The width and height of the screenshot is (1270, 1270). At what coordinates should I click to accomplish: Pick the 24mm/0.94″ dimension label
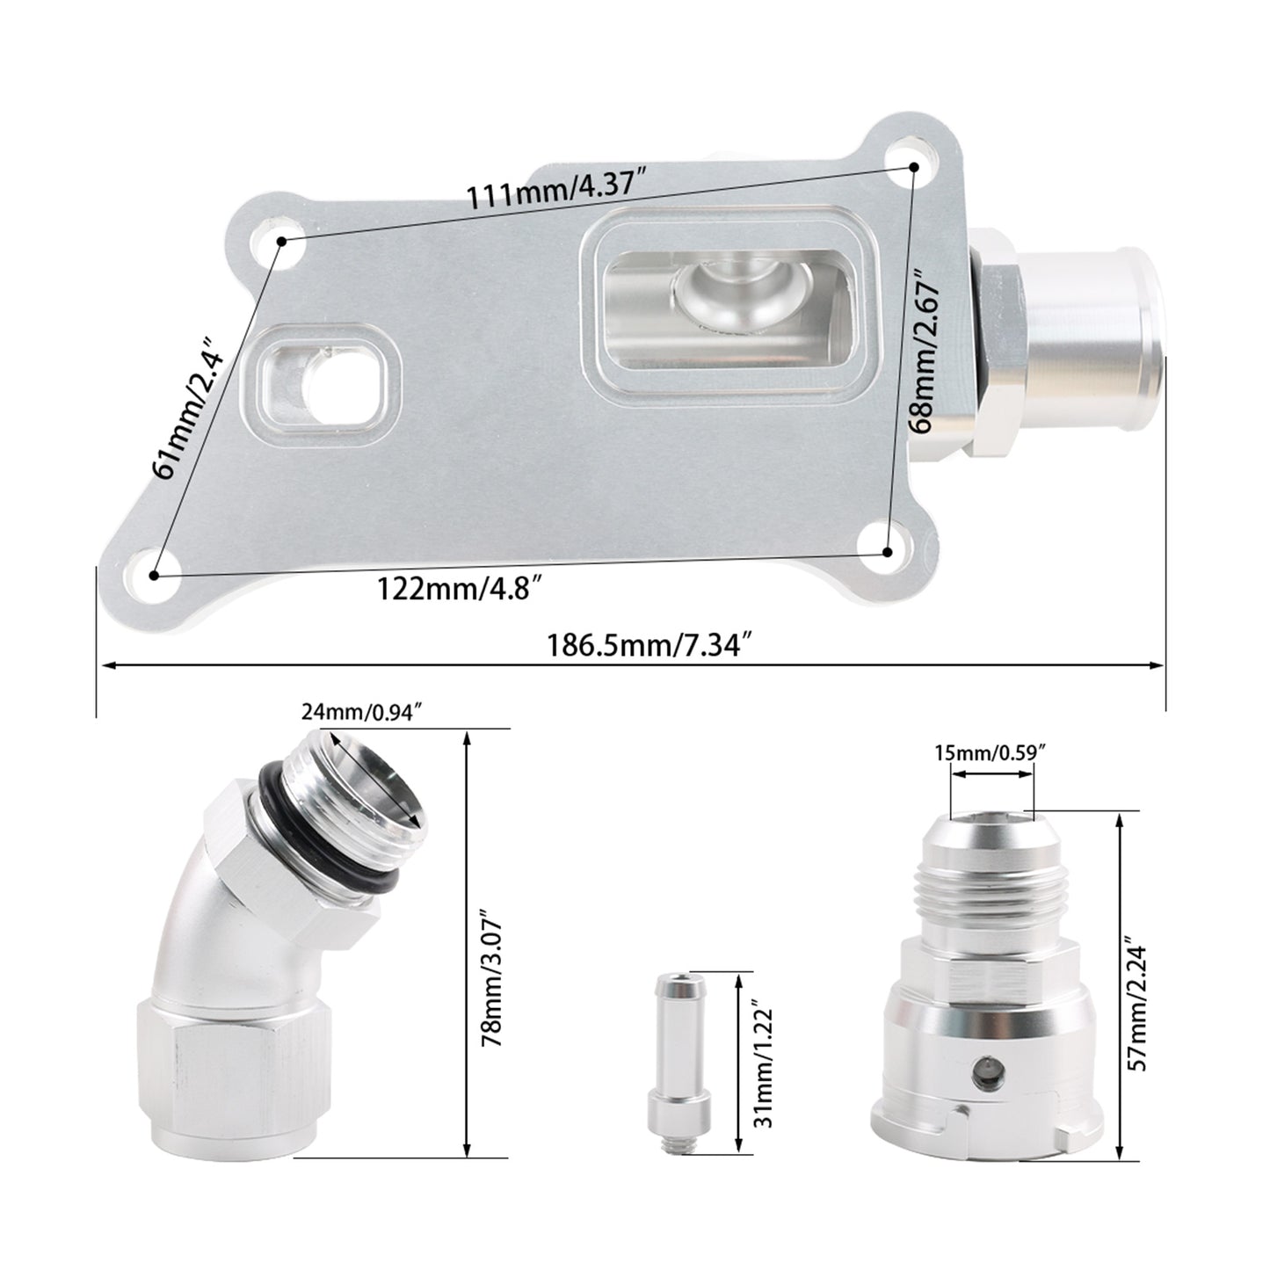362,712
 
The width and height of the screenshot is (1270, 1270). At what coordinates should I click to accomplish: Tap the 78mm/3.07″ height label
493,978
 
